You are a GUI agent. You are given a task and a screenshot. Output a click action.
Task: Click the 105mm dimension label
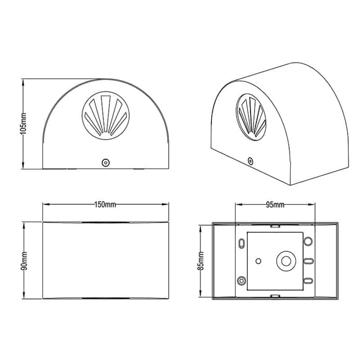coord(24,124)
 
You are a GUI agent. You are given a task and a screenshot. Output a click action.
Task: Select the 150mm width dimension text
coord(105,204)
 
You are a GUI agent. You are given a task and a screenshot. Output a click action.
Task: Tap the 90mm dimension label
coord(24,261)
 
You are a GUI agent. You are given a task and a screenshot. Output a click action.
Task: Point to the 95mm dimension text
coord(275,204)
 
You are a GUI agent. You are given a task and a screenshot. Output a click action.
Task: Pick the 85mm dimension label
coord(200,261)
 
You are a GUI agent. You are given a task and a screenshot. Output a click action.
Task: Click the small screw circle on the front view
coord(106,162)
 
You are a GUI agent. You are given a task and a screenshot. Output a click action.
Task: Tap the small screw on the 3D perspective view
coord(250,161)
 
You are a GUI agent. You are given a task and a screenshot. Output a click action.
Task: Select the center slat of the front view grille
coord(105,113)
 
